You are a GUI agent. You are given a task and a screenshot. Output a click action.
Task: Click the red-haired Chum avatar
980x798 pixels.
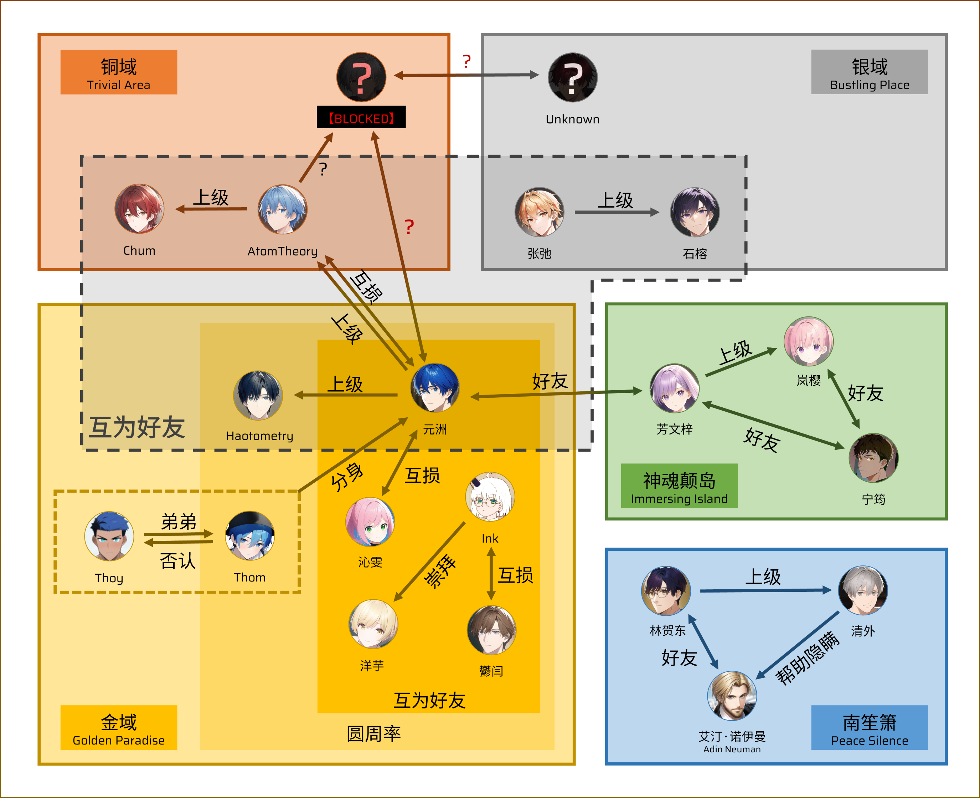click(139, 209)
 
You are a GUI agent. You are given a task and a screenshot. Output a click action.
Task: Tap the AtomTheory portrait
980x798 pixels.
click(283, 210)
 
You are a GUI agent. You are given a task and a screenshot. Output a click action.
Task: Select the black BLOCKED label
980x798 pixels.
click(361, 117)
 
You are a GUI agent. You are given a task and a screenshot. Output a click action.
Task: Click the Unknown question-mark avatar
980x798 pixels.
click(572, 77)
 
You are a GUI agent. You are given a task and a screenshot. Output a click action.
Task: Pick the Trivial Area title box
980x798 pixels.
click(118, 72)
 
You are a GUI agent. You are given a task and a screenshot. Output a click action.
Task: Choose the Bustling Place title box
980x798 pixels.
click(869, 72)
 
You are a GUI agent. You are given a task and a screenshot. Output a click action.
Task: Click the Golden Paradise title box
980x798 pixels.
click(118, 727)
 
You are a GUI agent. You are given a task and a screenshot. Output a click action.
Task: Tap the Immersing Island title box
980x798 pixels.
click(679, 486)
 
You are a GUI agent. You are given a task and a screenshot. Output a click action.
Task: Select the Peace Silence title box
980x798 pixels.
click(869, 727)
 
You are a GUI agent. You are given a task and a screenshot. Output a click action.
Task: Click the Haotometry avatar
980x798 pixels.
click(258, 396)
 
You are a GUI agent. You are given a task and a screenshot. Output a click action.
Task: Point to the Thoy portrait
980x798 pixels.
click(109, 537)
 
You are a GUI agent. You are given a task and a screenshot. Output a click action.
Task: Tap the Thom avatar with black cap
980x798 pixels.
click(250, 535)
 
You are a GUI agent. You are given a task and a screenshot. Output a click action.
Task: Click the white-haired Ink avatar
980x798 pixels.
click(490, 497)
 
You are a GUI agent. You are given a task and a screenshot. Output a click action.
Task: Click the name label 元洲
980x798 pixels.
click(434, 430)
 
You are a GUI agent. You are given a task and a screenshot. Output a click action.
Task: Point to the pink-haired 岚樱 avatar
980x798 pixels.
click(808, 341)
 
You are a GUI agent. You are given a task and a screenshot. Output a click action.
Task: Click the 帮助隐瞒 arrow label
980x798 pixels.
click(807, 658)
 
